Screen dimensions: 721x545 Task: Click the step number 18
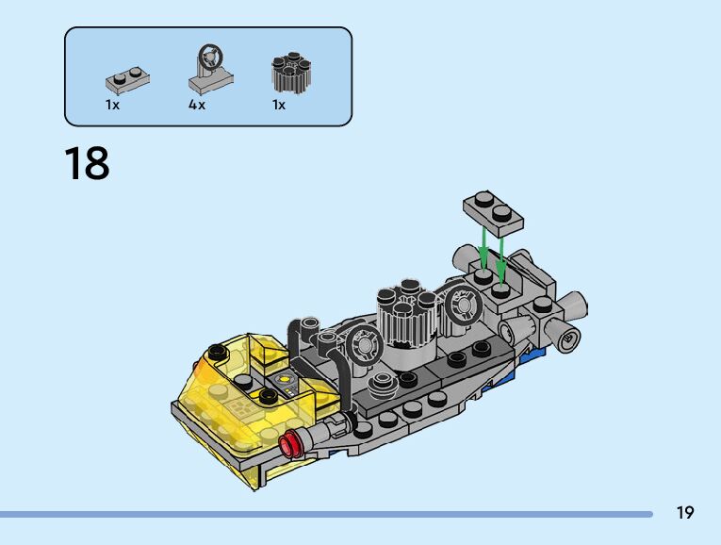87,163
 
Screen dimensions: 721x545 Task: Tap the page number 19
684,512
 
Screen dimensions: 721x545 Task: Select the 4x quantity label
196,105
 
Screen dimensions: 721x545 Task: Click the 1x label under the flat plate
112,105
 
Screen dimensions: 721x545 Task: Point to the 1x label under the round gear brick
279,105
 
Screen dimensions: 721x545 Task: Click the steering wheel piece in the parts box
210,69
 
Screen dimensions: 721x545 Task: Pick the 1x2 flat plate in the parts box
127,80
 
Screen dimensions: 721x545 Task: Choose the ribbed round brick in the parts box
291,73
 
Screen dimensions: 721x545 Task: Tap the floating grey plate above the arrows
493,214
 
